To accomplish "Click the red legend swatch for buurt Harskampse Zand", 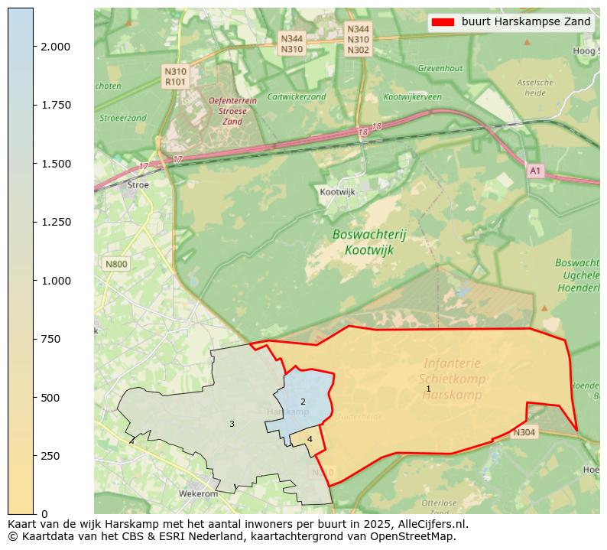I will (443, 22).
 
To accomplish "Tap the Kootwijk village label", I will (338, 192).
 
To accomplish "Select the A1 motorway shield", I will (536, 171).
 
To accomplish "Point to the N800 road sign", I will (117, 264).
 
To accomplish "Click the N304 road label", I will (524, 432).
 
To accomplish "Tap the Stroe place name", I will (138, 184).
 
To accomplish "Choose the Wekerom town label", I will (198, 494).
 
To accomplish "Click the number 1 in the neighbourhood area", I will (428, 389).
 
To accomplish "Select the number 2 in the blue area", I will (303, 402).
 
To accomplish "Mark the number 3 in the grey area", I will (232, 424).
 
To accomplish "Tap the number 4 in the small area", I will (310, 439).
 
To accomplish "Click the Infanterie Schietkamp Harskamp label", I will (451, 379).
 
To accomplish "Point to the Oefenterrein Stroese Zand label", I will (232, 111).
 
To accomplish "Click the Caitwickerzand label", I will (297, 97).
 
